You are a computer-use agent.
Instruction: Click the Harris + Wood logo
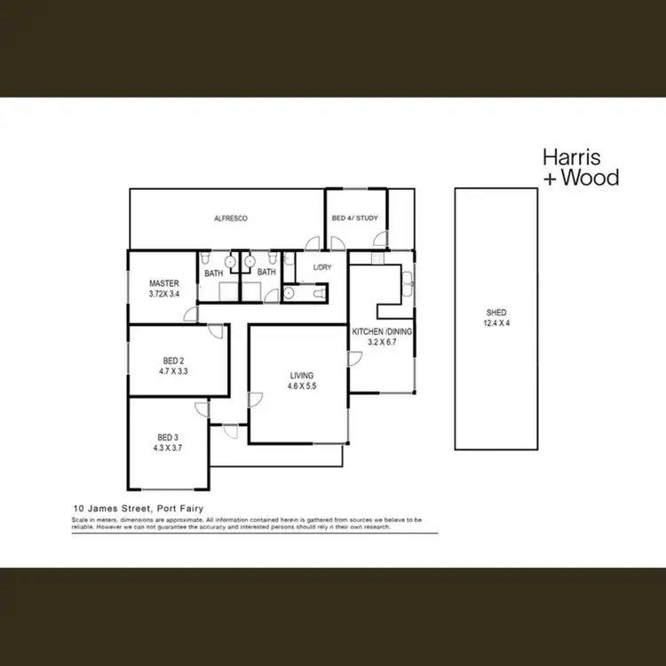pos(581,168)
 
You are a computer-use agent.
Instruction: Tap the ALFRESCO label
pos(229,218)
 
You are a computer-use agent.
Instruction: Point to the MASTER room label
pos(164,284)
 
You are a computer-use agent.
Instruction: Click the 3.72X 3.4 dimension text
pos(164,295)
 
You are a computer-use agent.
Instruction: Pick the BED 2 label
pos(173,361)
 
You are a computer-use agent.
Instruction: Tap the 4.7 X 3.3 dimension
pos(173,372)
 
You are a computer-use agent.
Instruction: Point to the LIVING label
pos(302,376)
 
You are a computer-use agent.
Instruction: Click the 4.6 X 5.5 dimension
pos(302,387)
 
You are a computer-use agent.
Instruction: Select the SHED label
pos(496,313)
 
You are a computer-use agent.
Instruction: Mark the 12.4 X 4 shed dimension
pos(496,323)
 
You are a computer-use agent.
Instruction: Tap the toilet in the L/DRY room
pos(290,292)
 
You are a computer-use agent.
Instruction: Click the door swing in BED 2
pos(216,332)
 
